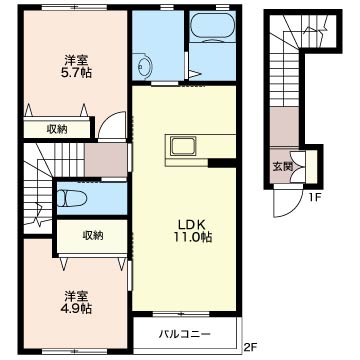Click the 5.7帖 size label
pyautogui.click(x=74, y=73)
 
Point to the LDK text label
pyautogui.click(x=190, y=223)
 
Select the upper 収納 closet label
pyautogui.click(x=56, y=128)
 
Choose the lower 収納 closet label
pyautogui.click(x=92, y=235)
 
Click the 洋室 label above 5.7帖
pyautogui.click(x=74, y=58)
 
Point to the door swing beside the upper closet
pyautogui.click(x=111, y=129)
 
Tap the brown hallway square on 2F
pyautogui.click(x=103, y=160)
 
